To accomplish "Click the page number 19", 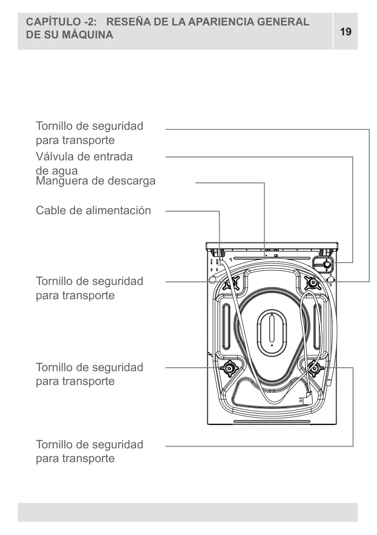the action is (x=346, y=31).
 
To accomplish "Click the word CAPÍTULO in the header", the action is (x=54, y=22).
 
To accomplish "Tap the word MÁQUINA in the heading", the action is (x=87, y=34).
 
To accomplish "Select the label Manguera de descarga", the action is (x=96, y=181).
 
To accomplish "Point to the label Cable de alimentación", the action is (x=93, y=210).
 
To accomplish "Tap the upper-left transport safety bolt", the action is (x=231, y=283).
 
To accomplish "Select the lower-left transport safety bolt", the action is (x=229, y=369).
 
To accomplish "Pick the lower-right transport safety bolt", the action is (x=315, y=369).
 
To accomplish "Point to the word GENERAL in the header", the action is (x=283, y=22).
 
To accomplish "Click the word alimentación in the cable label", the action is (x=118, y=210).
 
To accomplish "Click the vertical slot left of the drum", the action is (x=226, y=326).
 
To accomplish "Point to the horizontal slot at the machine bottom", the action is (x=272, y=421).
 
